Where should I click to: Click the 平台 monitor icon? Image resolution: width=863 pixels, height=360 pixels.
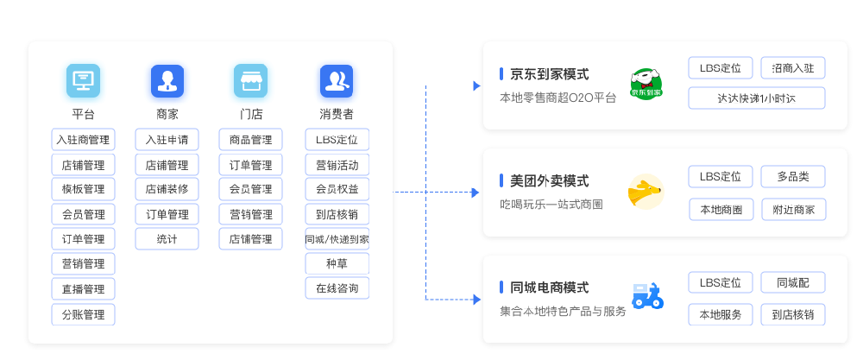coord(83,80)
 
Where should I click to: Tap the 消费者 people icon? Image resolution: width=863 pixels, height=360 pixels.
coord(337,80)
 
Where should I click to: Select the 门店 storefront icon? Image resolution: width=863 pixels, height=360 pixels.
coord(250,80)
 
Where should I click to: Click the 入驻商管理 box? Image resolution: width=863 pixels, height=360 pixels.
coord(83,140)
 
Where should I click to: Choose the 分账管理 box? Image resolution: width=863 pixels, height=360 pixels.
coord(83,314)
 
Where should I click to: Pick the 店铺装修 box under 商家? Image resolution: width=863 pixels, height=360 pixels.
coord(167,189)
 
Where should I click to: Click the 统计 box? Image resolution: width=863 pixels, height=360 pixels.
coord(167,239)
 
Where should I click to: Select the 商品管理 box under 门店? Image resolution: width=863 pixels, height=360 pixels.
coord(250,140)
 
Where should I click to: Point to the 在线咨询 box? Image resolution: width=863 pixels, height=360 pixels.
coord(337,288)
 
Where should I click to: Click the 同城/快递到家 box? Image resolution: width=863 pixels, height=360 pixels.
coord(337,239)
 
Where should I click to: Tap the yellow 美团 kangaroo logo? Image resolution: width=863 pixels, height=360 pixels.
coord(645,192)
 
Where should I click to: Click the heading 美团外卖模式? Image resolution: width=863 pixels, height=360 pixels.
coord(549,181)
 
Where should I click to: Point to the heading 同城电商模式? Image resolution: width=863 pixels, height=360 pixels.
coord(549,287)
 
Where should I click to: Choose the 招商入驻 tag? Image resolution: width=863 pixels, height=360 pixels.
coord(793,68)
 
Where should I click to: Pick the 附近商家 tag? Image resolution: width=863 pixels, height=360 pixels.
coord(793,209)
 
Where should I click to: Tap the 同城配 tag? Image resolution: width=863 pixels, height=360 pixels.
coord(793,282)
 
